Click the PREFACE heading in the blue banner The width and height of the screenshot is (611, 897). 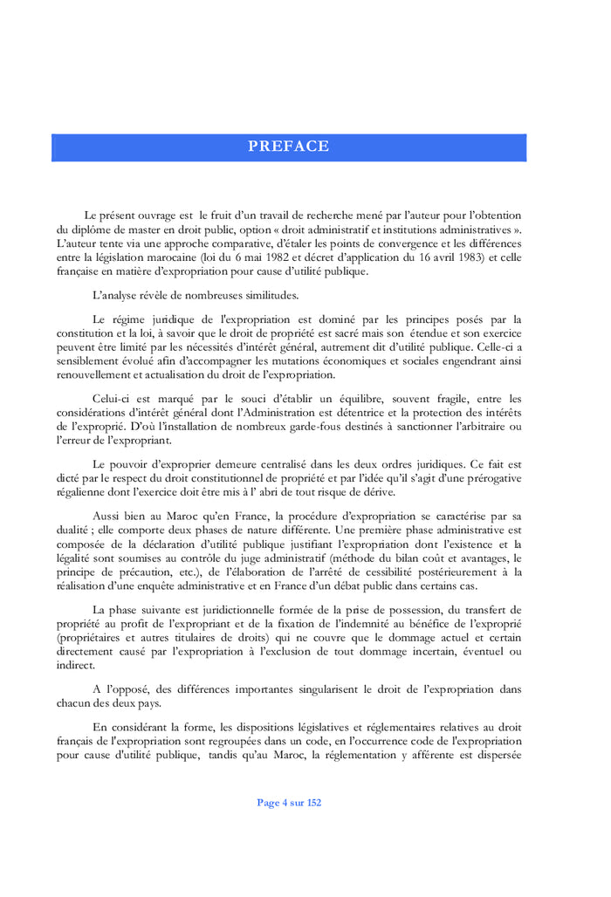point(288,147)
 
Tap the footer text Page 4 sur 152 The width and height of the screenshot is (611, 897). point(288,803)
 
